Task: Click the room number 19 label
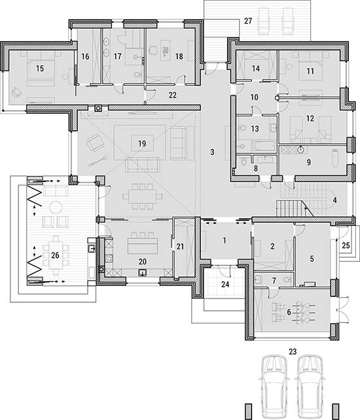click(x=142, y=143)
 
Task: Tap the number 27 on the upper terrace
click(x=248, y=21)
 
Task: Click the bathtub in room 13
click(x=264, y=147)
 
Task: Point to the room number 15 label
click(x=40, y=69)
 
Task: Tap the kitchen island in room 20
click(x=142, y=246)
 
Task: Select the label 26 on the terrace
click(x=55, y=255)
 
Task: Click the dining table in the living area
click(x=142, y=196)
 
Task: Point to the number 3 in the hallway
click(x=212, y=152)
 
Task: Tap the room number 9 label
click(x=309, y=162)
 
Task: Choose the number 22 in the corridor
click(x=173, y=95)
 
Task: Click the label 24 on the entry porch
click(x=225, y=285)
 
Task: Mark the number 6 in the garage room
click(x=289, y=312)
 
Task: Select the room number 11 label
click(x=310, y=71)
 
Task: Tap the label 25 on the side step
click(x=346, y=245)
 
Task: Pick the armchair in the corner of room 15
click(x=16, y=92)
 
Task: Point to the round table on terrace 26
click(x=56, y=208)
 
